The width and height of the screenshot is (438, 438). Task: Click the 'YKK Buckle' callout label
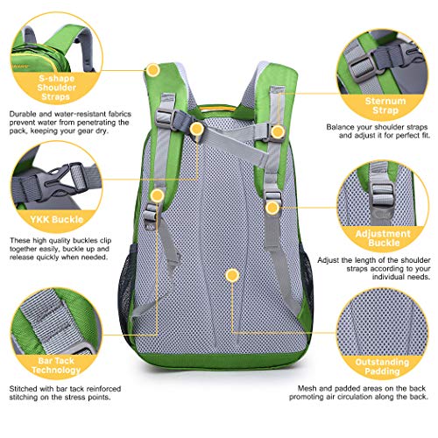click(x=57, y=219)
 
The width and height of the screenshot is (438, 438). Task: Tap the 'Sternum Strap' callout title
click(x=385, y=105)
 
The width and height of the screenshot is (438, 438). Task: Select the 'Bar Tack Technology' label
click(x=56, y=365)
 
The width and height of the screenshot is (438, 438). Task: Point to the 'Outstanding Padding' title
click(x=382, y=366)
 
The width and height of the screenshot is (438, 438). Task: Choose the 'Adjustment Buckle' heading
click(x=383, y=238)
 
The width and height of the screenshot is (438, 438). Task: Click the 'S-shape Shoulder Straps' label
click(x=56, y=88)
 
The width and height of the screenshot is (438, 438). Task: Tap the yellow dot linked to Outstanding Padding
click(x=232, y=275)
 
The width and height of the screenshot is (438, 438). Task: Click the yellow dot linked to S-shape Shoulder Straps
click(x=153, y=70)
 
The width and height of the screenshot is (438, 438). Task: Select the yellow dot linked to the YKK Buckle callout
click(x=197, y=129)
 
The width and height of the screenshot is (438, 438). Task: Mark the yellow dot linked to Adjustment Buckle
click(x=272, y=208)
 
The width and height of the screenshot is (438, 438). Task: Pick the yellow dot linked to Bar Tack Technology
click(x=158, y=195)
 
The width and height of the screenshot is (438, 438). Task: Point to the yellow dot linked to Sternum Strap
click(x=278, y=131)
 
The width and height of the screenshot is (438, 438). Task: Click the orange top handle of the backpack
click(x=217, y=109)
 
